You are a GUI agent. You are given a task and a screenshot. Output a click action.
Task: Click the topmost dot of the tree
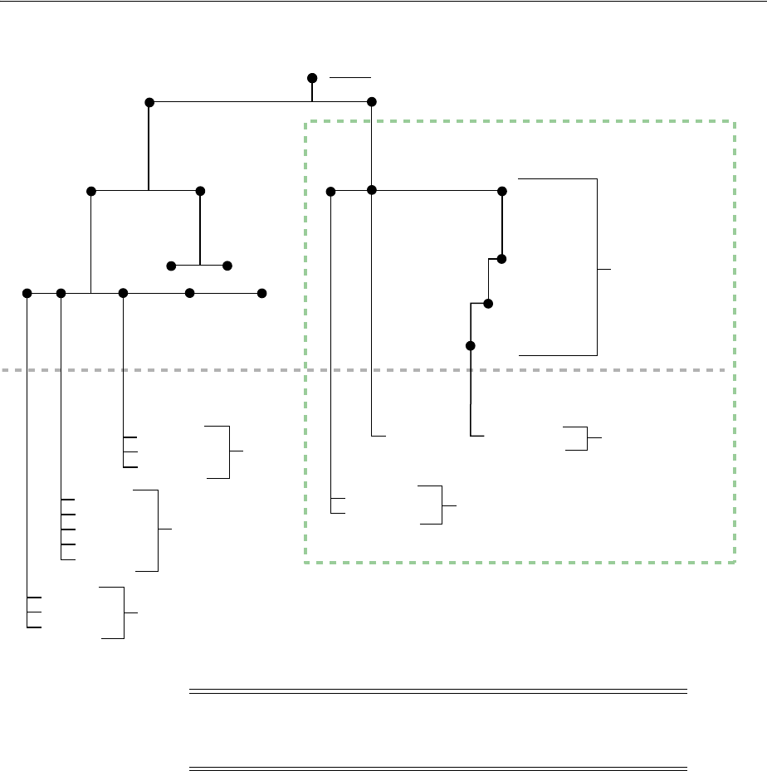click(312, 78)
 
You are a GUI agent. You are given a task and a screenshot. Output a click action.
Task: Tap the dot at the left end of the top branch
click(149, 102)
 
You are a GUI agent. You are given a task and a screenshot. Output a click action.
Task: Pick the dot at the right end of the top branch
click(372, 101)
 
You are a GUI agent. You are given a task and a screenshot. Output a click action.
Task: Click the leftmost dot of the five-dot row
click(27, 293)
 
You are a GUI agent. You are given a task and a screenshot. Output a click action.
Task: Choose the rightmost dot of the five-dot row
click(262, 293)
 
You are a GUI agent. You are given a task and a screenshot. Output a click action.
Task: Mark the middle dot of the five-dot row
click(123, 293)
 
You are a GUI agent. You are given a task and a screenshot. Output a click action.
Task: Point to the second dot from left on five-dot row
click(61, 293)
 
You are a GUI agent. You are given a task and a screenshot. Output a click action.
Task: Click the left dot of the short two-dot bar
click(171, 266)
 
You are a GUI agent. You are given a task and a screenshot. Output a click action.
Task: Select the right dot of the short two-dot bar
click(227, 266)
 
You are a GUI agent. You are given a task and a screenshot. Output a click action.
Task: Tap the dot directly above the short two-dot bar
click(200, 191)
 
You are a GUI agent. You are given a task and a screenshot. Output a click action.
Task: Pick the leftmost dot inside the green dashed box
click(331, 192)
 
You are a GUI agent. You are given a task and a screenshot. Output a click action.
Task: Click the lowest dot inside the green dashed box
click(470, 345)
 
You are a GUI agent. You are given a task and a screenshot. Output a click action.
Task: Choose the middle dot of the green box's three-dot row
click(372, 191)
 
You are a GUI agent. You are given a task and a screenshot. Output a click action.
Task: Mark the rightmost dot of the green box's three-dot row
click(501, 191)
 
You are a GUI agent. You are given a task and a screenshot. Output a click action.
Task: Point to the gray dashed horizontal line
click(166, 370)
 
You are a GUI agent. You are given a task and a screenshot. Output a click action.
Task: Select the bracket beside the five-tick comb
click(158, 529)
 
